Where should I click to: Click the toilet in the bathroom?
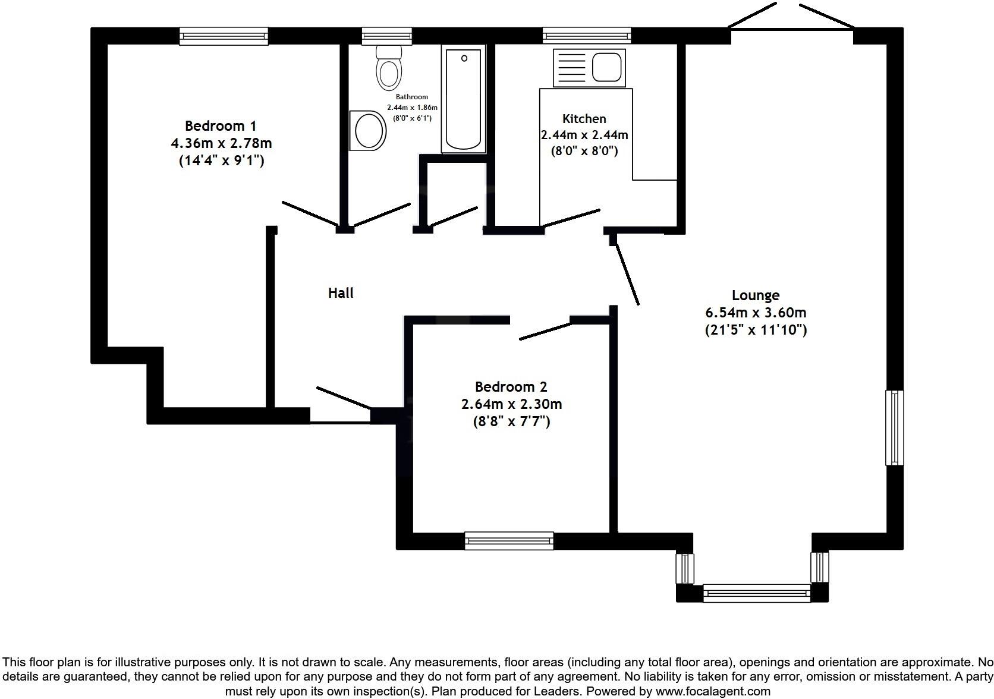389,68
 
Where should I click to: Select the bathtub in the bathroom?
463,100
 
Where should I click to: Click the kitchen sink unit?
589,66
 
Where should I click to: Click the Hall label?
341,293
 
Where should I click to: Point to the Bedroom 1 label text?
221,126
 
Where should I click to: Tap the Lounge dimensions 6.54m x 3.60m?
755,313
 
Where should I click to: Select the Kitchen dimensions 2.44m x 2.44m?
584,135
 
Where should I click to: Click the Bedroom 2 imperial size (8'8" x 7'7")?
511,422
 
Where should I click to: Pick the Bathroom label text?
411,97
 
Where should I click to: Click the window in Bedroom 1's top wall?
224,37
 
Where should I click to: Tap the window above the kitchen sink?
586,37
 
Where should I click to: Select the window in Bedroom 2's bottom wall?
509,540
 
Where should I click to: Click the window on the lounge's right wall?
894,427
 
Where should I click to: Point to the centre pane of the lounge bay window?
757,593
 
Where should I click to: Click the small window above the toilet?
387,37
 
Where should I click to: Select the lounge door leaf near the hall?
627,274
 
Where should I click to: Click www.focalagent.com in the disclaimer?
712,692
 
